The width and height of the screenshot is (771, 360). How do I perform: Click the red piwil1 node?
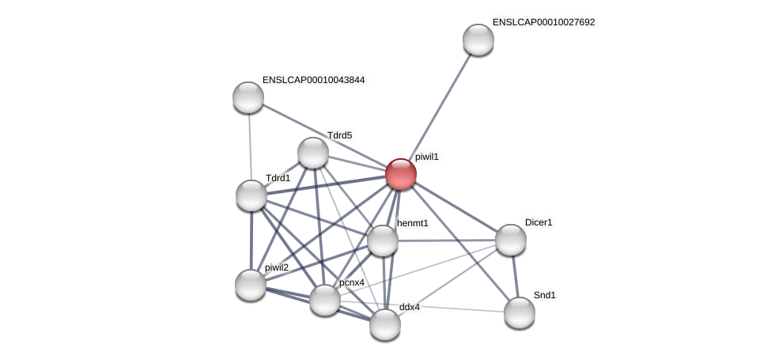pos(401,174)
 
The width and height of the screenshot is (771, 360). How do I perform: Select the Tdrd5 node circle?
pos(313,153)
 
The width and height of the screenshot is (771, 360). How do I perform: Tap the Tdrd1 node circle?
pos(251,195)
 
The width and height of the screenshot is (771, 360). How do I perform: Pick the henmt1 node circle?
pos(383,241)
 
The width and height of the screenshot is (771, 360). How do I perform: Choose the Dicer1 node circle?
pos(511,240)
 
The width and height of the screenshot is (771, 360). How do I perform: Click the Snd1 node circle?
pos(520,313)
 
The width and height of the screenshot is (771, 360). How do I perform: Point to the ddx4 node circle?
pos(385,324)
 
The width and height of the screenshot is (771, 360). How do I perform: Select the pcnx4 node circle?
pos(325,300)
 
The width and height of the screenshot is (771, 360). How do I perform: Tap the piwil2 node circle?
pos(251,285)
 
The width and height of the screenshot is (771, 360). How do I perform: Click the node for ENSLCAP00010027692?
pos(478,40)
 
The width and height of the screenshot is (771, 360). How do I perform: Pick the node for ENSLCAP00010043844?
pos(248,97)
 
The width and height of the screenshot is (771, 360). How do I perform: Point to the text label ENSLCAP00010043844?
pos(313,80)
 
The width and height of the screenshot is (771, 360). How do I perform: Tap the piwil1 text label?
pos(426,157)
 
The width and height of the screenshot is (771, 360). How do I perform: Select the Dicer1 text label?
pos(539,222)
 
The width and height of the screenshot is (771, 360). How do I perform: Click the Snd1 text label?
pos(544,295)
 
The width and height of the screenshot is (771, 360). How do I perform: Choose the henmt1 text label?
pos(412,223)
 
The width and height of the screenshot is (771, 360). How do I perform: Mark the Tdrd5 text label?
pos(340,135)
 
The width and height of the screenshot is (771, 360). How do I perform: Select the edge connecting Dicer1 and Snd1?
pos(515,276)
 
